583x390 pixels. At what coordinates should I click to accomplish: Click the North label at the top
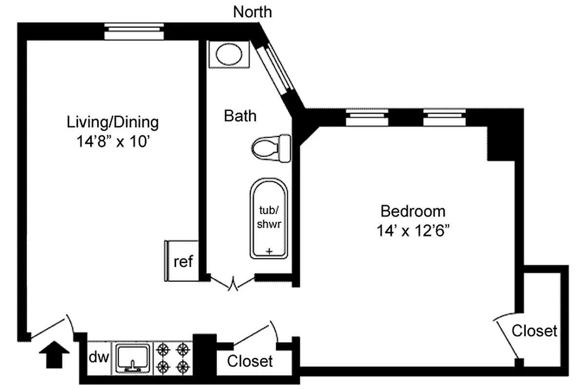click(252, 12)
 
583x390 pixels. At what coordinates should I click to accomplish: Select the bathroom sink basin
click(229, 54)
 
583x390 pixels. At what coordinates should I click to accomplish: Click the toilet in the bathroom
click(271, 146)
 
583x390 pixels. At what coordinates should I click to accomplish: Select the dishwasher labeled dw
click(99, 357)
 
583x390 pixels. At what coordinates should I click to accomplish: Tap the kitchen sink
click(133, 357)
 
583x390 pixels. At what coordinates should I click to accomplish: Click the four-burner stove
click(173, 357)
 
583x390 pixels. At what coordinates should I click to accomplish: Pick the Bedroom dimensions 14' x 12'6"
click(412, 231)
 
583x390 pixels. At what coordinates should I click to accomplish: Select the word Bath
click(240, 116)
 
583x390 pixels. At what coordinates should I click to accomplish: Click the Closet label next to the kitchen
click(250, 362)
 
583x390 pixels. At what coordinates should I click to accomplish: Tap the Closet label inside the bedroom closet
click(534, 331)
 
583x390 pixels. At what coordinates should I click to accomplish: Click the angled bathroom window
click(276, 70)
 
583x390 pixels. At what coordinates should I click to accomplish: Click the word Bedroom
click(413, 212)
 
